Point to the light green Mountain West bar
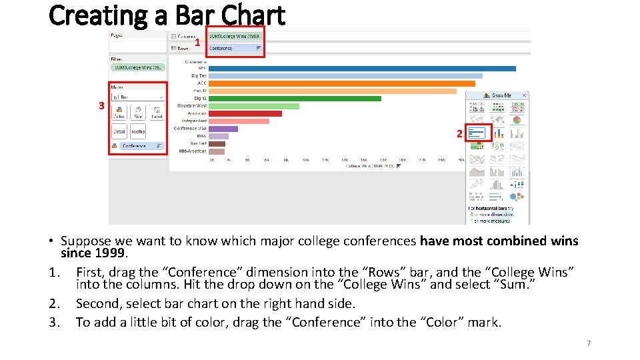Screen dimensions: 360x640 [x=254, y=106]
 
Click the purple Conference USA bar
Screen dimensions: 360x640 [x=223, y=129]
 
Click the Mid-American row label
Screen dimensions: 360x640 [x=193, y=151]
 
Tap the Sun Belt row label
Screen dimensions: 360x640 [x=198, y=143]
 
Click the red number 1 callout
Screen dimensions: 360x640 [x=197, y=43]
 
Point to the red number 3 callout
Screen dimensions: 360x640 [x=101, y=106]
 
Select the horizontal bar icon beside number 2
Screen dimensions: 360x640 [x=477, y=133]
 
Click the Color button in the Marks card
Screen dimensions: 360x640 [x=119, y=112]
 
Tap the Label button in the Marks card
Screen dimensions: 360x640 [x=157, y=112]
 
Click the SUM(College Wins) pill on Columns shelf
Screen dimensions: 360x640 [x=234, y=36]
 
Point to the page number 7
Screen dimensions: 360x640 [x=589, y=343]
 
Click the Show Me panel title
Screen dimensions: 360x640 [x=501, y=95]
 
